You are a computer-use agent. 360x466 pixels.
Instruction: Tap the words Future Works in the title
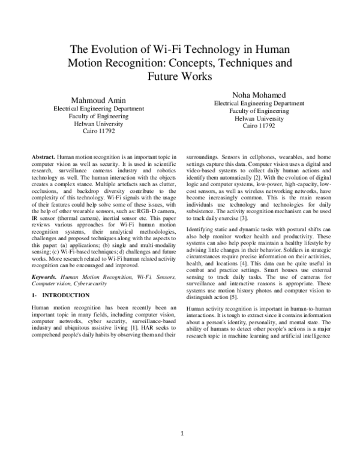[x=179, y=77]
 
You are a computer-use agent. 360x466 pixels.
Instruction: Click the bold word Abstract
[x=43, y=156]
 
